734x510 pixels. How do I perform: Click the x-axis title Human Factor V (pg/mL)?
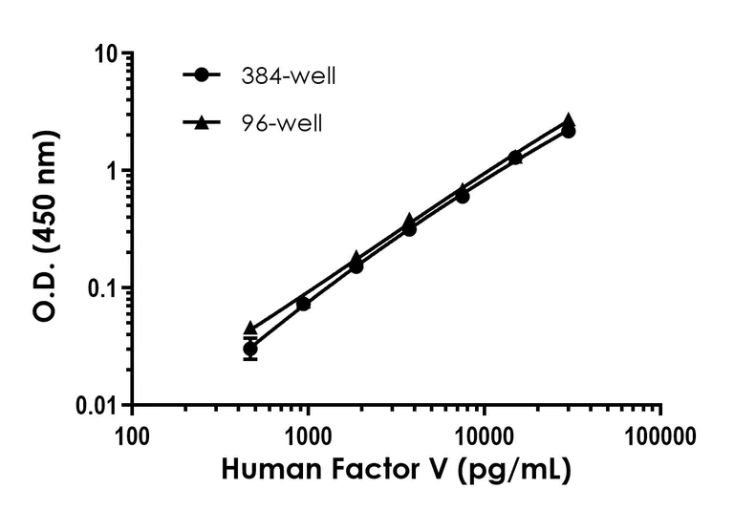tap(396, 471)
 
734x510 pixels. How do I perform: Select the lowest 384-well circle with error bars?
tap(250, 349)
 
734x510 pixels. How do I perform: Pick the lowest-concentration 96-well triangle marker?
tap(250, 328)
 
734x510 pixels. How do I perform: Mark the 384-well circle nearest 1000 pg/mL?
tap(303, 304)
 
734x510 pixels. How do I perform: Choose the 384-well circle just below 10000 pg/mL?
tap(462, 196)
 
